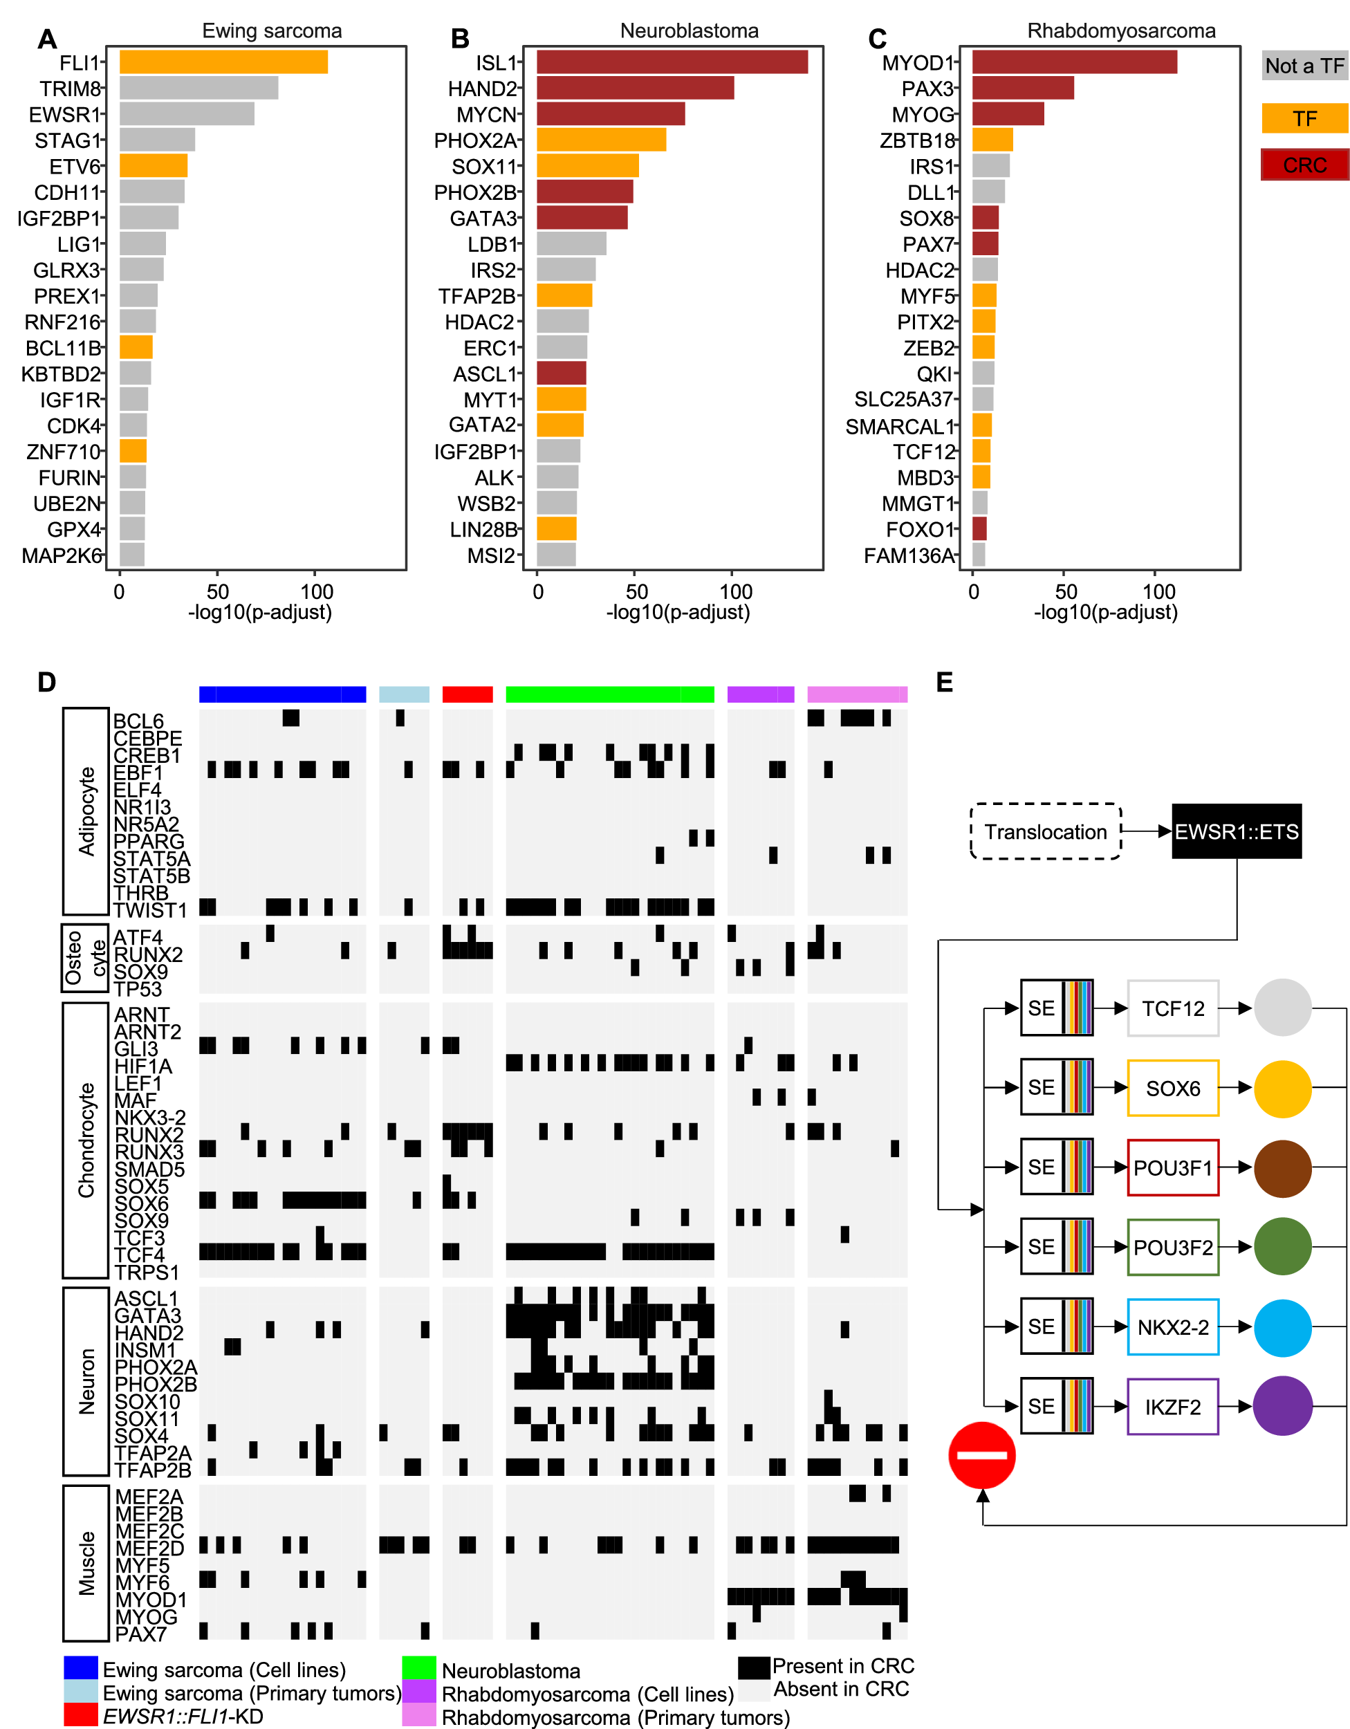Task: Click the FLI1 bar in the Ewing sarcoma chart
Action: [x=223, y=62]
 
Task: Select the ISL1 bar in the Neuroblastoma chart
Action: [x=672, y=62]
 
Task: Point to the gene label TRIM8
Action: [x=71, y=89]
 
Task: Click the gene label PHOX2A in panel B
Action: [x=475, y=141]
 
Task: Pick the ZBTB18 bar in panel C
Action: [x=992, y=140]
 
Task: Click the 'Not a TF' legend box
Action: [x=1304, y=66]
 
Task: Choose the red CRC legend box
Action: [x=1304, y=165]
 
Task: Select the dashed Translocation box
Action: [x=1045, y=831]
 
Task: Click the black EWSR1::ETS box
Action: [x=1236, y=831]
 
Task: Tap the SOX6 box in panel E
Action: [x=1173, y=1088]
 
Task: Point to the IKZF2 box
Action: [x=1173, y=1407]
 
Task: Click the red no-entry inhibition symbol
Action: [x=982, y=1455]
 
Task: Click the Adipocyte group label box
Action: [x=86, y=811]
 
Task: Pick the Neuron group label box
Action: [x=86, y=1381]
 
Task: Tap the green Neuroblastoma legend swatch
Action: [x=419, y=1667]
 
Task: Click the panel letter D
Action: [x=47, y=683]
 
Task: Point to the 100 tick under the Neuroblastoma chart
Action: [x=736, y=591]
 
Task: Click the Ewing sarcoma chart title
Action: [x=272, y=31]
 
